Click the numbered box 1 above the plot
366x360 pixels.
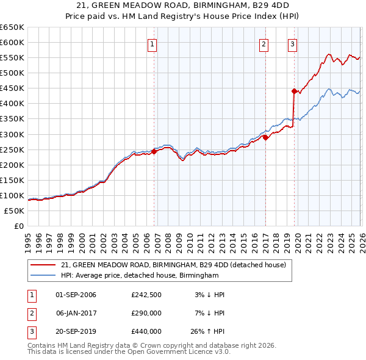click(151, 43)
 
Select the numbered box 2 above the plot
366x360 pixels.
click(264, 43)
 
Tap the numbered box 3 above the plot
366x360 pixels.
click(292, 43)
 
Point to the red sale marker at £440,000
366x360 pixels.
click(294, 92)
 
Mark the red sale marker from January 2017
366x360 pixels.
click(265, 137)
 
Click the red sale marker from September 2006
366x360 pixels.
click(154, 152)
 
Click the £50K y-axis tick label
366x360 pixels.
click(15, 211)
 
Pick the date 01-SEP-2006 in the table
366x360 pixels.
click(76, 295)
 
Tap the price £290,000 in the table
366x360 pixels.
click(146, 313)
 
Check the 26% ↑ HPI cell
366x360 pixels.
click(209, 331)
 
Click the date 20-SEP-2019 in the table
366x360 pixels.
click(76, 331)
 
